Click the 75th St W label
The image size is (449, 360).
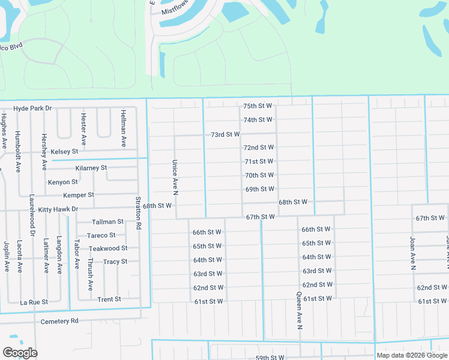258,106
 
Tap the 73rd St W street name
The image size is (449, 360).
225,134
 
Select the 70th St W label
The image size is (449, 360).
259,175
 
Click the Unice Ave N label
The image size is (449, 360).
175,177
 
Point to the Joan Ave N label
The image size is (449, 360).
413,253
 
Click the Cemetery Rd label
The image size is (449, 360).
59,321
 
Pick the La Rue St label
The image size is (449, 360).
34,302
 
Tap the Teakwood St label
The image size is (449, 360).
108,248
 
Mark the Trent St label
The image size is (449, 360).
109,299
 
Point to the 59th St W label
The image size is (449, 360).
270,358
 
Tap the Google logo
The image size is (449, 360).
20,353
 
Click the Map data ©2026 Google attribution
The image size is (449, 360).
411,355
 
